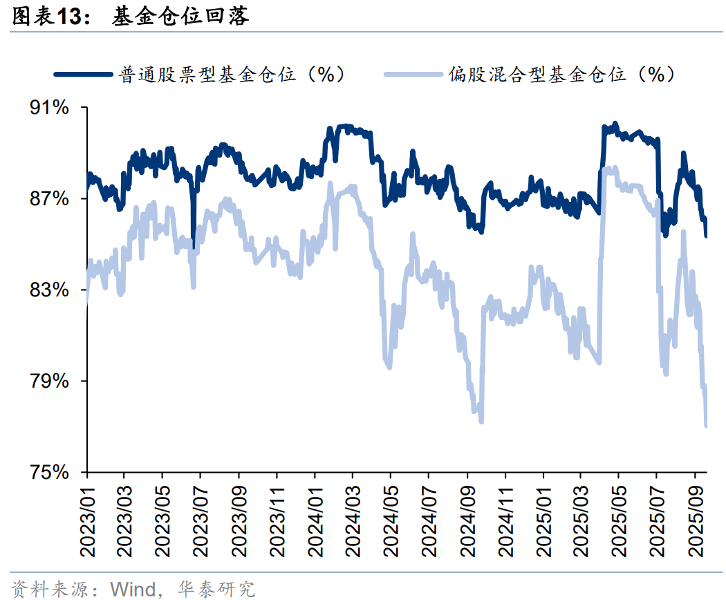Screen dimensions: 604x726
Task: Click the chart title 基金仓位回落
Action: point(180,17)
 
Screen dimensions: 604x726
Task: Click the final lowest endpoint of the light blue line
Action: point(706,426)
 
